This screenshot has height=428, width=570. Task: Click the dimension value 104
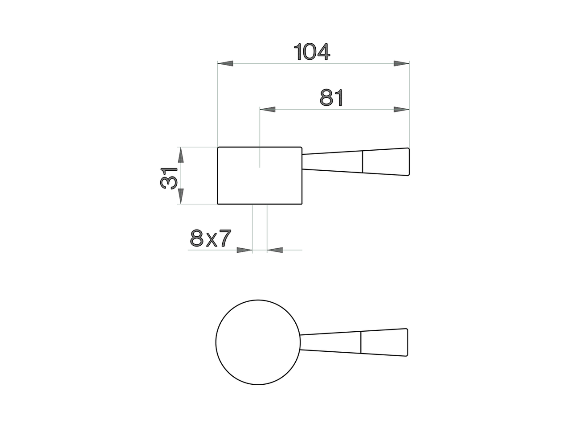(x=313, y=52)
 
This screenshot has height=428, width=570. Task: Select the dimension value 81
(x=332, y=98)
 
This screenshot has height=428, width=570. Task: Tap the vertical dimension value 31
(x=169, y=178)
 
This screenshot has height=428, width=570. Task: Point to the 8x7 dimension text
(x=211, y=239)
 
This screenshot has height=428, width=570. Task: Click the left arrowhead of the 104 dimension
(x=225, y=64)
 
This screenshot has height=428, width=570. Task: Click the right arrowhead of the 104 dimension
(x=401, y=64)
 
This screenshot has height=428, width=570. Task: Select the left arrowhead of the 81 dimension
(x=267, y=109)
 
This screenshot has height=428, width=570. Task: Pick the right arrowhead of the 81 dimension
(x=401, y=109)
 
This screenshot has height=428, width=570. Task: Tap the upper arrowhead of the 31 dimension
(x=180, y=156)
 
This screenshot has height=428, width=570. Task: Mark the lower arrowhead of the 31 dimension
(x=180, y=196)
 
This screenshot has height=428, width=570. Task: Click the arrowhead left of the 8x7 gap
(x=244, y=250)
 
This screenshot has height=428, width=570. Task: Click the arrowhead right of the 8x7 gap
(x=275, y=250)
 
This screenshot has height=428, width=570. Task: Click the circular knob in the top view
(x=258, y=342)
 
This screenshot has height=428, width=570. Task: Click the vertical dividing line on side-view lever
(x=362, y=161)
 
